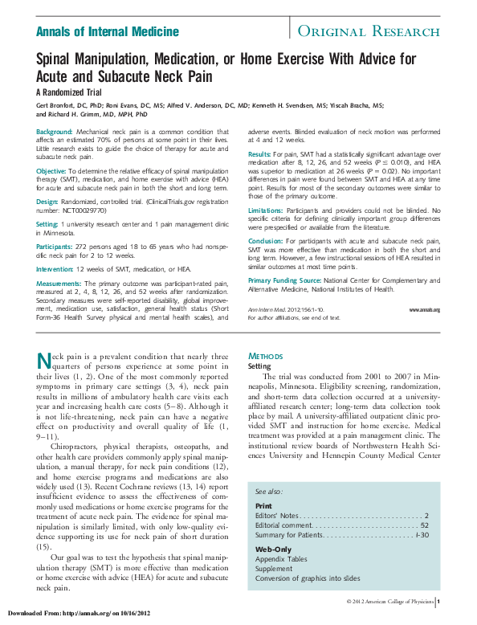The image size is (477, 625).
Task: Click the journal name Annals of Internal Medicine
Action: tap(108, 31)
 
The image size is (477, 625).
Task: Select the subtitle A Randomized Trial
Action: tap(67, 92)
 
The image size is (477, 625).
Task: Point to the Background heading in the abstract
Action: tap(55, 131)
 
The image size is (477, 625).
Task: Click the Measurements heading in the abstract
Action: tap(59, 284)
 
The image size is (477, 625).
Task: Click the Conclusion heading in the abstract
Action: tap(266, 239)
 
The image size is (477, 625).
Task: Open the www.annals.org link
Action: tap(424, 309)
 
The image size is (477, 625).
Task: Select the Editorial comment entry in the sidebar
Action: tap(284, 525)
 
